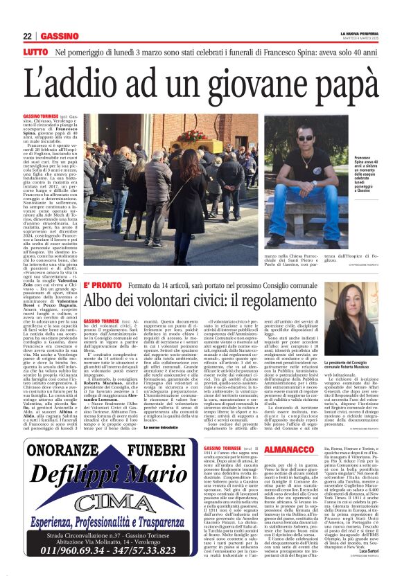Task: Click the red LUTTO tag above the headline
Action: [35, 52]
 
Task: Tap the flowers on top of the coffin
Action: [189, 136]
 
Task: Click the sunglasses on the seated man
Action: [286, 138]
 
